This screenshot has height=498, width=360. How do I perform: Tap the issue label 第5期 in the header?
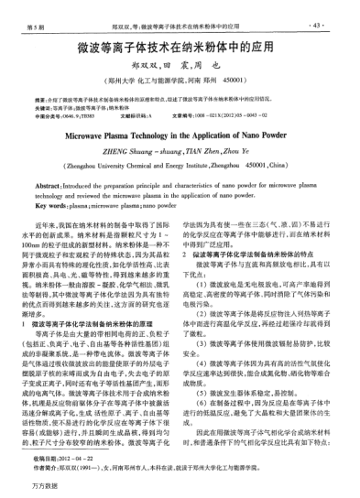(39, 16)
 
